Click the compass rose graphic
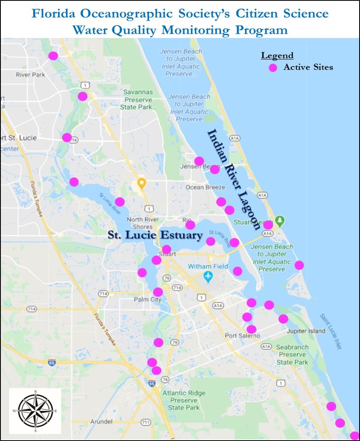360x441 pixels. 35,410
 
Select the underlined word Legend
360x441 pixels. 277,56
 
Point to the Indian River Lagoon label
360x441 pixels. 234,179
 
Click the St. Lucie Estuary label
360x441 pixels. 155,235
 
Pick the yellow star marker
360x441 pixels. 142,182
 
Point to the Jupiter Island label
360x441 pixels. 305,331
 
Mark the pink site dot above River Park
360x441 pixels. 53,56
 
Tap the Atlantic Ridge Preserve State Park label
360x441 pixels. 184,400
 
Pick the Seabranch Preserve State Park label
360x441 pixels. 292,354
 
